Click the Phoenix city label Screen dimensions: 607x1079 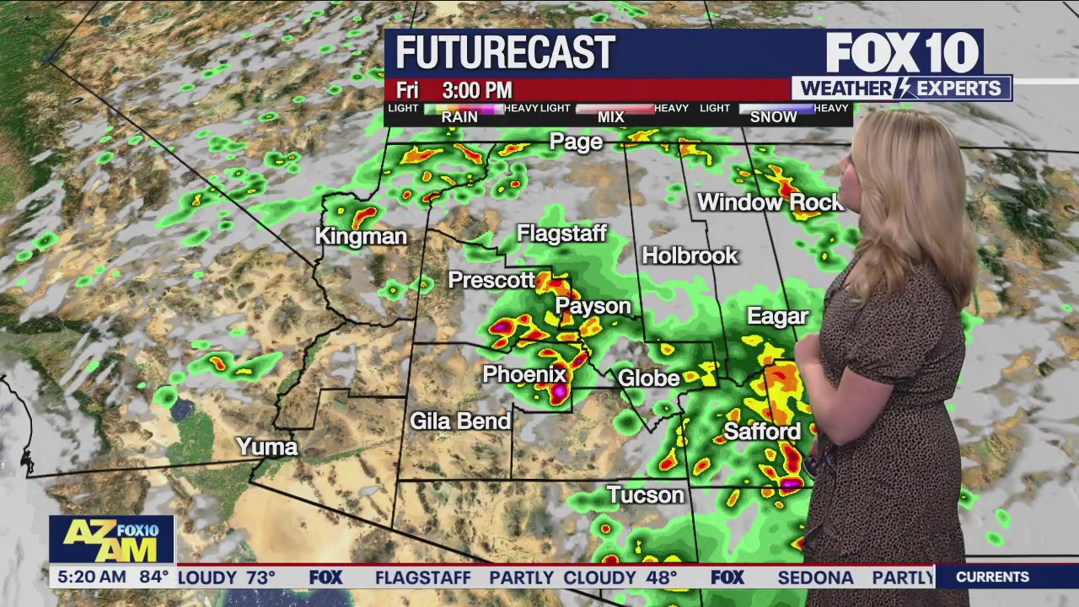523,374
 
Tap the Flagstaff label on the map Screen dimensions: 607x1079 561,234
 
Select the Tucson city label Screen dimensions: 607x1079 645,495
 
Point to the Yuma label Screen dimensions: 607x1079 266,447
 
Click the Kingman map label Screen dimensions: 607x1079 361,237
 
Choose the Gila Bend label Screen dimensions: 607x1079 460,421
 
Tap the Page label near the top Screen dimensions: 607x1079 576,142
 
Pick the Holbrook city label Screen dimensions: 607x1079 690,255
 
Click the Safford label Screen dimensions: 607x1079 762,432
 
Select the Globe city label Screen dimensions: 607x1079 648,378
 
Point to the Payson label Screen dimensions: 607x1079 593,306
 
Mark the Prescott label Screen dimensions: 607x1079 491,280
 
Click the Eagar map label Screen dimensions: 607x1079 777,317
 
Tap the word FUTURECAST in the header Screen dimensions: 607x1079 505,53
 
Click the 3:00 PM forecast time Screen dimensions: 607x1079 477,90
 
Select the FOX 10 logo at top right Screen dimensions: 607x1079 902,53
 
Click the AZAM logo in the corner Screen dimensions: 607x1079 111,540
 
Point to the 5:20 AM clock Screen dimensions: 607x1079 88,577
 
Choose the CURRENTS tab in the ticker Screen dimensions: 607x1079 992,577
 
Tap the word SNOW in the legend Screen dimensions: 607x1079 773,117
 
